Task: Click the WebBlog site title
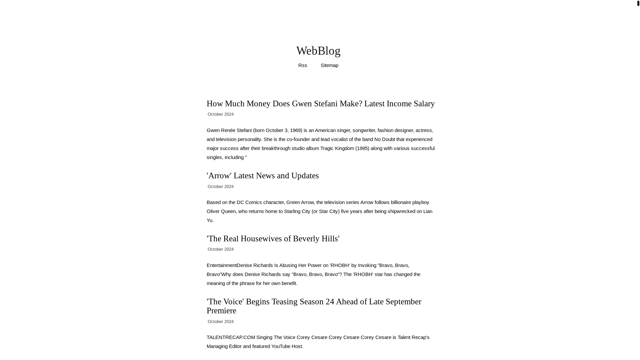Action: (318, 51)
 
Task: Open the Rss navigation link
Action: (302, 65)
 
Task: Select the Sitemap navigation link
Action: (329, 65)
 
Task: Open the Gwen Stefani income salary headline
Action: (320, 104)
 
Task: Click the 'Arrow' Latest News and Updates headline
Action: (262, 176)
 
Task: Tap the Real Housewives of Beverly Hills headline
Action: (273, 239)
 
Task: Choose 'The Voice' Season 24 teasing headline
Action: (313, 306)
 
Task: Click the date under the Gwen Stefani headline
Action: (220, 114)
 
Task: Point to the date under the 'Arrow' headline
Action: (220, 187)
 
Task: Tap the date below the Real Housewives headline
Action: (220, 249)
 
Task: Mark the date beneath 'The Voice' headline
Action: (220, 322)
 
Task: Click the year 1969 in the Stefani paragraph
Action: (295, 130)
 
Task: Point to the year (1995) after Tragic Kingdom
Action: (362, 148)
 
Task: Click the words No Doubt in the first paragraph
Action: (384, 139)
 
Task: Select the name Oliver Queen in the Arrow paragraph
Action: (221, 211)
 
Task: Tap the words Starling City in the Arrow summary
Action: (297, 211)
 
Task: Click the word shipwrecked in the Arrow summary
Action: (401, 211)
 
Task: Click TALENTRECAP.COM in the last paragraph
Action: (231, 337)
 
